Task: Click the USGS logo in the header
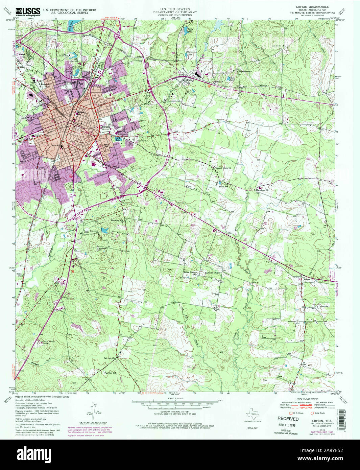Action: pyautogui.click(x=28, y=11)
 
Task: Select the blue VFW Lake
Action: pyautogui.click(x=118, y=139)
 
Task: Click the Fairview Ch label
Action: pyautogui.click(x=110, y=357)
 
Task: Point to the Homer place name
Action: pyautogui.click(x=307, y=280)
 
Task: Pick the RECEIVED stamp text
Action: pyautogui.click(x=288, y=419)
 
